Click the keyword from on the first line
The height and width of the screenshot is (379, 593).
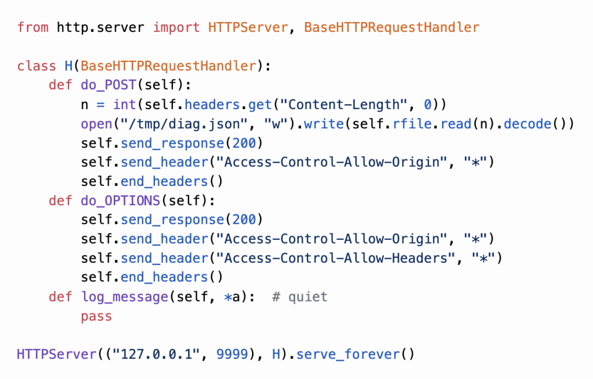click(x=33, y=27)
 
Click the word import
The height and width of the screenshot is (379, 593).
click(x=176, y=27)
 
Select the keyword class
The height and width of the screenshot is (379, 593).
click(x=37, y=66)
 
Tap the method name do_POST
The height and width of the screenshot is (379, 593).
click(x=108, y=85)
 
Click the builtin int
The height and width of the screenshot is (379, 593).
click(x=125, y=104)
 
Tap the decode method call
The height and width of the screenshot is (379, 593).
click(x=528, y=123)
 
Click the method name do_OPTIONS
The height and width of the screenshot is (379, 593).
click(x=120, y=200)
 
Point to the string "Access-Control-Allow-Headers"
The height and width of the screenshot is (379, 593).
click(x=335, y=258)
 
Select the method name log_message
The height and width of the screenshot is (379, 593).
click(x=125, y=297)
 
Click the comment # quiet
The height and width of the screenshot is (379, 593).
click(x=300, y=297)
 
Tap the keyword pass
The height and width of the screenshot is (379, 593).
click(x=97, y=316)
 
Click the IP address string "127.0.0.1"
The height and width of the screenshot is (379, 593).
click(x=156, y=354)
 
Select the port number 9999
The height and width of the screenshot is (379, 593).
click(x=232, y=354)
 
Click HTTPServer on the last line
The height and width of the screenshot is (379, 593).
click(x=57, y=354)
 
